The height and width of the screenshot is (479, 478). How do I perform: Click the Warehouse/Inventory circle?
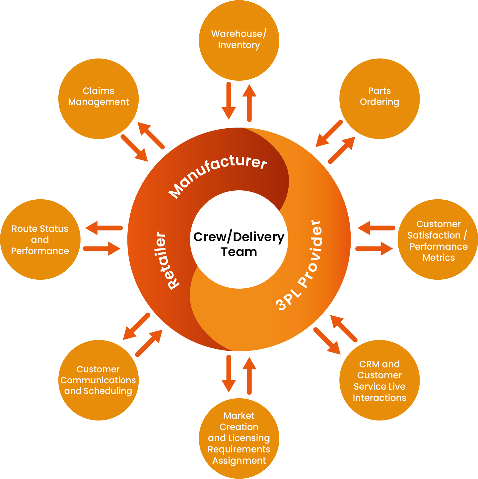[239, 40]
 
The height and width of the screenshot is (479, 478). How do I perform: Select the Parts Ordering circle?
[379, 99]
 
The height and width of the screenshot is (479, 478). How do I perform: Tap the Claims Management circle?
[99, 99]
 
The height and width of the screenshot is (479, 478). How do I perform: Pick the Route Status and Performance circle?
[40, 239]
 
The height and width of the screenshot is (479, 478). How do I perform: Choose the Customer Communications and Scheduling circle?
[99, 380]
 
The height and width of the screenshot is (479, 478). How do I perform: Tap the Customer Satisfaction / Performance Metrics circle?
[438, 240]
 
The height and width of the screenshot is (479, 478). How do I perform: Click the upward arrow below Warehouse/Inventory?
[249, 103]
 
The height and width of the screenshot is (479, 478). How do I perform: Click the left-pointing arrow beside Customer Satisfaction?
[376, 228]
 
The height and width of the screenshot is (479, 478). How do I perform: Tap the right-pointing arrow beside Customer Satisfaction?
[374, 248]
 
